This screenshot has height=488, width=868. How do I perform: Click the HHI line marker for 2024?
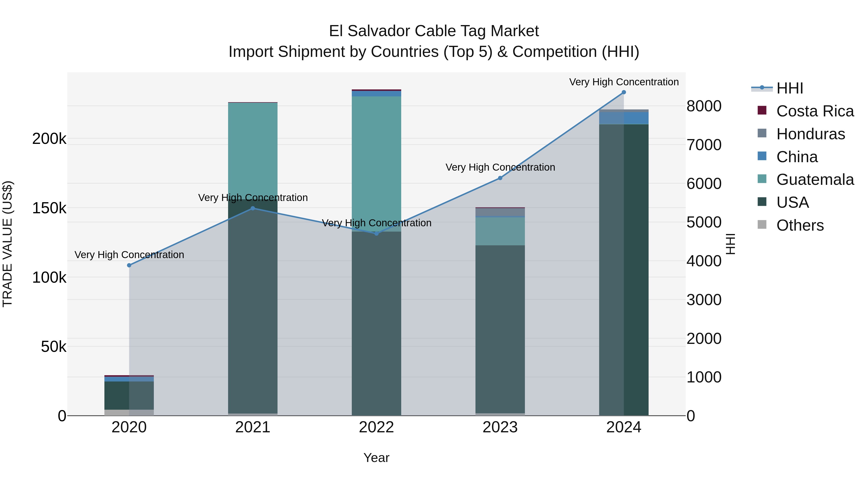pyautogui.click(x=624, y=92)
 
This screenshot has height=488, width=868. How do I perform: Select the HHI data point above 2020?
pyautogui.click(x=129, y=265)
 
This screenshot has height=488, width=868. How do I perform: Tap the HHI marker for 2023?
pyautogui.click(x=500, y=178)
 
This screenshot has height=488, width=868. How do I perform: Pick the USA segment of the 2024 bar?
pyautogui.click(x=624, y=269)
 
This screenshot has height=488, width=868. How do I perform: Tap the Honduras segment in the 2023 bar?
pyautogui.click(x=500, y=212)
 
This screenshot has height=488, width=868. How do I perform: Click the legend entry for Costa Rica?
pyautogui.click(x=815, y=111)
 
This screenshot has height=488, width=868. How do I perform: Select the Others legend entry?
pyautogui.click(x=800, y=225)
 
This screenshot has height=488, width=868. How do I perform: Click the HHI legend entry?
pyautogui.click(x=789, y=88)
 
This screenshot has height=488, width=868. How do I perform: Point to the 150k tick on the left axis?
pyautogui.click(x=49, y=208)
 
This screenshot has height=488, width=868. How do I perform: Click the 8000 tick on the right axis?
pyautogui.click(x=704, y=106)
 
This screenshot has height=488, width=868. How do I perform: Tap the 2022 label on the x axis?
pyautogui.click(x=376, y=427)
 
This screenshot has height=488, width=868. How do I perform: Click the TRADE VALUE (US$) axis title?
pyautogui.click(x=7, y=244)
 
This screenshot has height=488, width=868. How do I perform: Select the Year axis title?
pyautogui.click(x=376, y=458)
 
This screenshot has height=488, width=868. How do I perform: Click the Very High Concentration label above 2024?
pyautogui.click(x=624, y=82)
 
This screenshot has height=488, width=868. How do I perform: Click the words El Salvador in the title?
pyautogui.click(x=369, y=31)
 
